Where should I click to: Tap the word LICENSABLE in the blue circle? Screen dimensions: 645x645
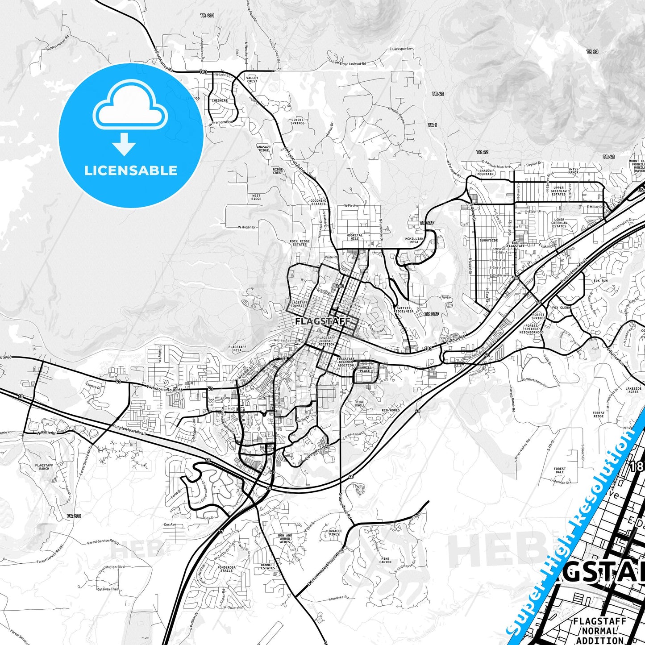pos(131,171)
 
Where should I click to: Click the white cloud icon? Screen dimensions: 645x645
pos(130,108)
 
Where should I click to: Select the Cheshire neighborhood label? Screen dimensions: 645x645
pos(219,101)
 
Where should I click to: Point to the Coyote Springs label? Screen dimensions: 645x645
pos(298,121)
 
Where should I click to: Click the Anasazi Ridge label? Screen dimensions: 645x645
pos(264,148)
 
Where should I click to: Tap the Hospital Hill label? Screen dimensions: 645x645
pos(355,237)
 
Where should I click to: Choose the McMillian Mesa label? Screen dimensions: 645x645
pos(414,240)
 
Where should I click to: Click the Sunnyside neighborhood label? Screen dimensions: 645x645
pos(488,241)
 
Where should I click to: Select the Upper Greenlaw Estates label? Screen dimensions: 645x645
pos(558,191)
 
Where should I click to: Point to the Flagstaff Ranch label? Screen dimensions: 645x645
pos(44,467)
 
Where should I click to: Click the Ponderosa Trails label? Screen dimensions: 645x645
pos(226,569)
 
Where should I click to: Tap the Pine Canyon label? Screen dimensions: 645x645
pos(386,560)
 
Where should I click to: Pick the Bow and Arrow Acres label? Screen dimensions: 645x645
pos(285,539)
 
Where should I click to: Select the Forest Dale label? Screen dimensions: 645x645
pos(560,470)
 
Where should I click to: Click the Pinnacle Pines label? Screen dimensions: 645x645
pos(334,533)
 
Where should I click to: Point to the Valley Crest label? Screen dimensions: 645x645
pos(252,79)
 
